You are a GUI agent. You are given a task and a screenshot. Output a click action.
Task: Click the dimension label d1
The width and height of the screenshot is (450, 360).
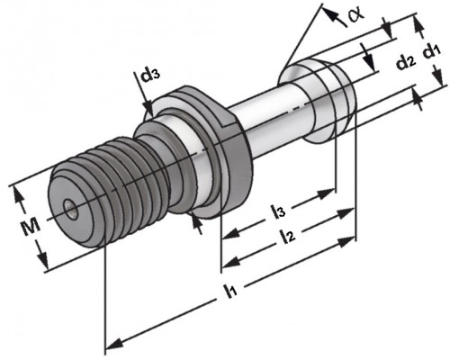click(432, 51)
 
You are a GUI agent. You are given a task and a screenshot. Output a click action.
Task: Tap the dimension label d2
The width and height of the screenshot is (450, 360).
click(406, 62)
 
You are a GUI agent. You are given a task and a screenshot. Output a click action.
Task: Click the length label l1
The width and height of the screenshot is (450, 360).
click(232, 290)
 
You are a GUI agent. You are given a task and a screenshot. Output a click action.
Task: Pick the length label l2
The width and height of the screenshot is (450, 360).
click(287, 237)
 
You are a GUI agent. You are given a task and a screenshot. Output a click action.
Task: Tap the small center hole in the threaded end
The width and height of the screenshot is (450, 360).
click(71, 209)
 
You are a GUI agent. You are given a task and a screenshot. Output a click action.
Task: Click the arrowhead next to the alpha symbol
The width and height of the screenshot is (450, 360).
click(330, 13)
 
